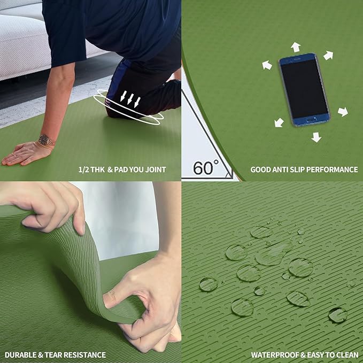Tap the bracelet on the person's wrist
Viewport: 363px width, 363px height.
(x=46, y=141)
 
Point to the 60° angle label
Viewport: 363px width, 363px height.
(x=205, y=167)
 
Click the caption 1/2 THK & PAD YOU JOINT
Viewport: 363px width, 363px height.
(x=122, y=169)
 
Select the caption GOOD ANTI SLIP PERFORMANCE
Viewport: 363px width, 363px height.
(x=304, y=169)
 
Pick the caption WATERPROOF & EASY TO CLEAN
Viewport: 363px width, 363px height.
(x=304, y=354)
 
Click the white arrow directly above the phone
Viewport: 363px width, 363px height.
(x=295, y=47)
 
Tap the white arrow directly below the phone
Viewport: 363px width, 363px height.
(x=316, y=137)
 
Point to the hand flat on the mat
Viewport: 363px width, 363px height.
(x=24, y=153)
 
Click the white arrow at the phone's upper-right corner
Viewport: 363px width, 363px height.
(x=328, y=55)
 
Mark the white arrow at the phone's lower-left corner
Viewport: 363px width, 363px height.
(x=279, y=122)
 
